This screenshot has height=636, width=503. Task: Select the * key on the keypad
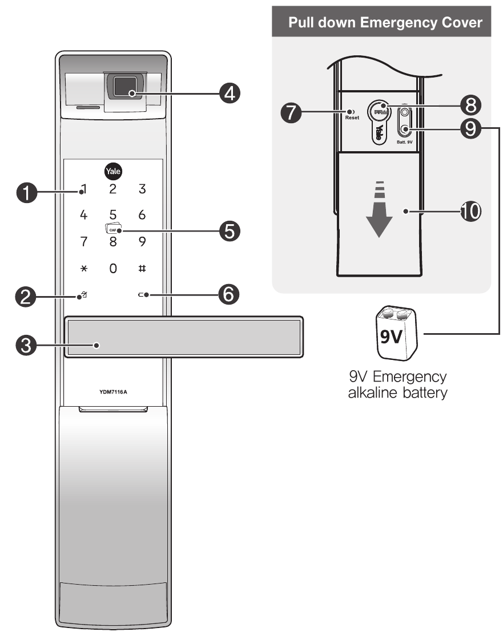(83, 268)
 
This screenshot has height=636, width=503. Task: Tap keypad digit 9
(142, 242)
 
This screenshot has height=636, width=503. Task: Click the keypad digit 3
(142, 189)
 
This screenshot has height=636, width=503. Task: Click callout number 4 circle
(230, 92)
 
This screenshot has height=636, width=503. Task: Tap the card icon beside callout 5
(111, 229)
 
